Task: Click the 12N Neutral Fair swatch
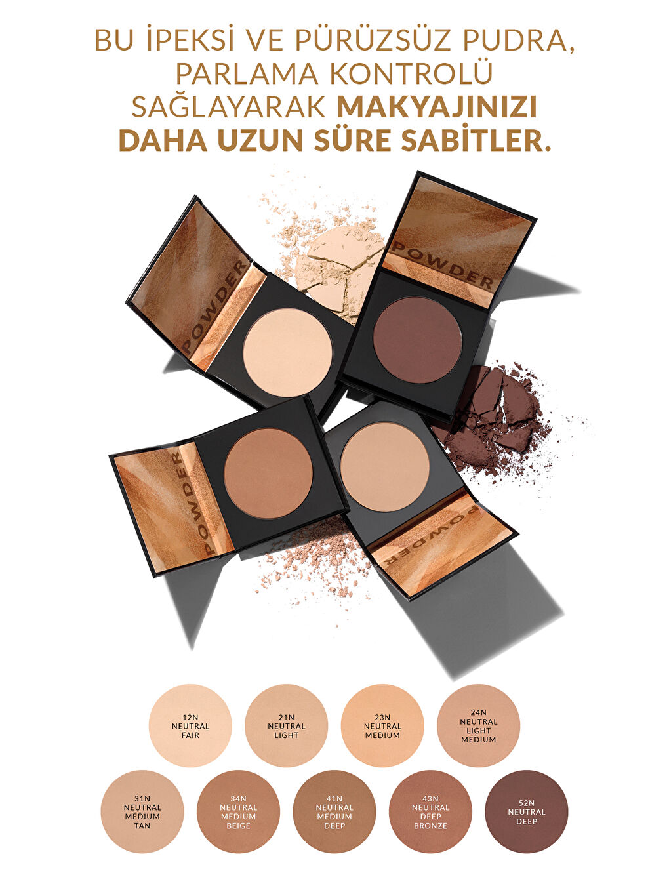(190, 725)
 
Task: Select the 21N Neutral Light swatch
(286, 725)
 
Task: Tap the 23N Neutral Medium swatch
(382, 725)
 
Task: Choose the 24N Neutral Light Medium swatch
(478, 725)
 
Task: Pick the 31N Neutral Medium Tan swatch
(142, 811)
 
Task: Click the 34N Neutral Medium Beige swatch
(238, 811)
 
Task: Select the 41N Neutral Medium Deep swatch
(334, 811)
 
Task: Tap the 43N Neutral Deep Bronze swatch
(430, 811)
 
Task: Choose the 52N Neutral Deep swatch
(526, 811)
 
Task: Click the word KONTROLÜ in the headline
(411, 74)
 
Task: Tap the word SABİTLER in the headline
(468, 140)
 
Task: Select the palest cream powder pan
(287, 352)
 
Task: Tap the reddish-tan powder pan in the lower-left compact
(268, 472)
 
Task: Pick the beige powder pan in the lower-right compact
(385, 466)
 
